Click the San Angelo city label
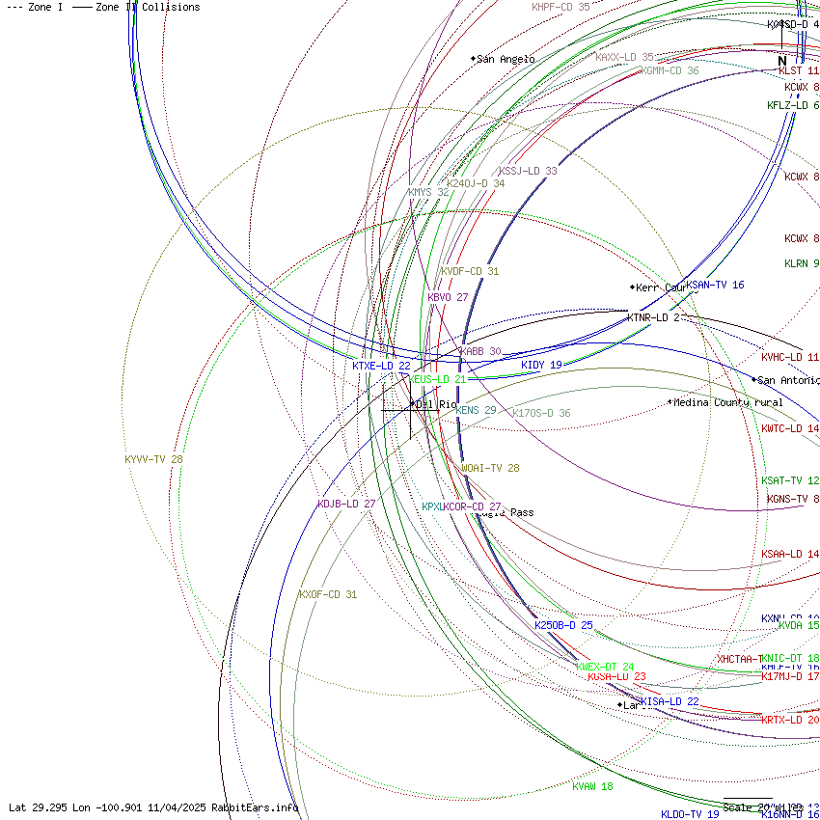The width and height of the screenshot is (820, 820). pos(505,59)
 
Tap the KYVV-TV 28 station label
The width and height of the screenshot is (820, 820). pos(153,459)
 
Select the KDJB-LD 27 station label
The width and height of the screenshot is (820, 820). pos(346,504)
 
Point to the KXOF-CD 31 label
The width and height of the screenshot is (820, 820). pos(327,594)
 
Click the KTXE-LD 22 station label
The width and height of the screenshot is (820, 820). pos(381,366)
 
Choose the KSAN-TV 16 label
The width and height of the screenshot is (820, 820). pos(715,285)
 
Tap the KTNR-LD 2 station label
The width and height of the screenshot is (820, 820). pos(653,317)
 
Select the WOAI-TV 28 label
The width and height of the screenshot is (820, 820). pos(490,468)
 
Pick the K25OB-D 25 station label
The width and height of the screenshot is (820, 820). pos(563,625)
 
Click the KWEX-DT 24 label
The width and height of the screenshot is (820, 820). pos(605,667)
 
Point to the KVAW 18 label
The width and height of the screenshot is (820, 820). pos(592,786)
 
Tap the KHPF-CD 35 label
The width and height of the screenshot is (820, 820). pos(560,7)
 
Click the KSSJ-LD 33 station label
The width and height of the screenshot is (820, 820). pos(528,171)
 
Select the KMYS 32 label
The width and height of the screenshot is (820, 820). pos(428,192)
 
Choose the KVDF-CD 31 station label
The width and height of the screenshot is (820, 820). pos(470,271)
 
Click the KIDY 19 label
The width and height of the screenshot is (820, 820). pos(541,365)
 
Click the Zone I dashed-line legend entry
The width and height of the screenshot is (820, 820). pos(33,7)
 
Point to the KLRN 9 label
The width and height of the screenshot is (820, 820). pos(802,263)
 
